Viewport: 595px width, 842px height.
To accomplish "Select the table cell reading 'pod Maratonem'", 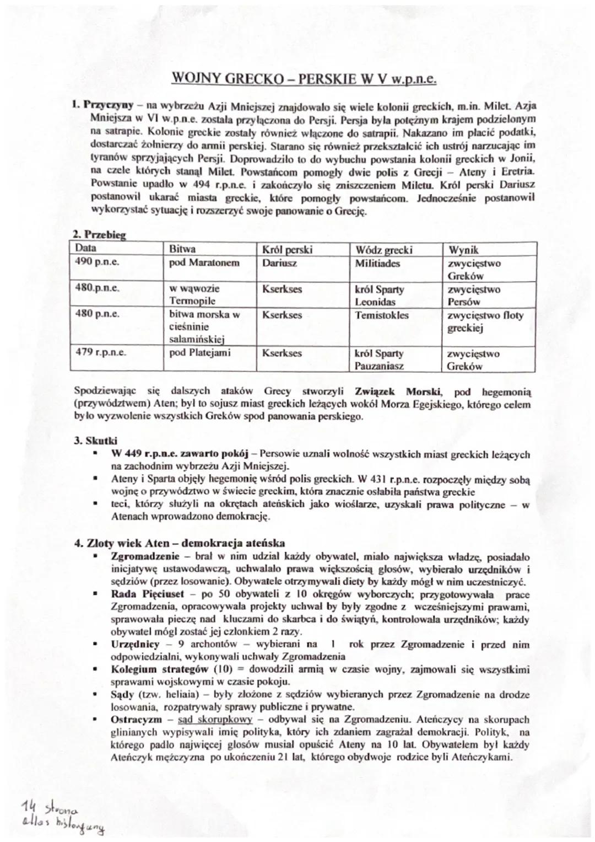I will coord(204,263).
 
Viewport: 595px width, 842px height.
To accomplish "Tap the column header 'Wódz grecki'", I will coord(383,250).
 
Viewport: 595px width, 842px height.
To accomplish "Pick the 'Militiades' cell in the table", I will coord(377,263).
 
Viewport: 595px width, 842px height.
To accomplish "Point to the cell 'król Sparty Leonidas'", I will coord(379,296).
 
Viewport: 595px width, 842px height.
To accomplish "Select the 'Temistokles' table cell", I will coord(382,315).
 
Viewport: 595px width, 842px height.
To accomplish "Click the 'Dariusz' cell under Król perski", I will coord(279,263).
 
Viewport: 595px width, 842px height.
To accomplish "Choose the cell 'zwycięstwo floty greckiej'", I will coord(485,321).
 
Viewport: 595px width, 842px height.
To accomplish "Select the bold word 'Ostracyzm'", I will coord(134,720).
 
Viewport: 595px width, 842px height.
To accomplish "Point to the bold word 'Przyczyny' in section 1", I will coord(109,104).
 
